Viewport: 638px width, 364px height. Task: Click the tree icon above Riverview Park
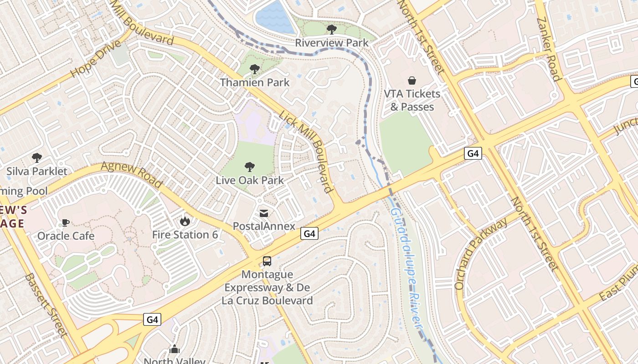coord(332,30)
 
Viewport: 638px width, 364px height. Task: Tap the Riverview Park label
coord(332,43)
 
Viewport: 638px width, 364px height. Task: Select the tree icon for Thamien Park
coord(255,69)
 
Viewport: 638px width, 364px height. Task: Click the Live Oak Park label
coord(250,180)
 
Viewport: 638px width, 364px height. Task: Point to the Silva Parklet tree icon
coord(37,158)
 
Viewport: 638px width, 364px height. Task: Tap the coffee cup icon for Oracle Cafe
coord(66,222)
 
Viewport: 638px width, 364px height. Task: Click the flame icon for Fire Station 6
coord(185,221)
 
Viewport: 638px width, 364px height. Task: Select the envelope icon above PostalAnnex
coord(264,213)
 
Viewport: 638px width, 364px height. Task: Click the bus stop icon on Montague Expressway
coord(267,261)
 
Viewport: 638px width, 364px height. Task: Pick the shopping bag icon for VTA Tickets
coord(412,81)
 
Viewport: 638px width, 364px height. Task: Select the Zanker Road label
coord(548,49)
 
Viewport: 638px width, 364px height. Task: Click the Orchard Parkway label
coord(480,253)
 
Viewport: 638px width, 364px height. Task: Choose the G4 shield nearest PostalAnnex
coord(309,233)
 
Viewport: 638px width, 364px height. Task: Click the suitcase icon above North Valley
coord(175,349)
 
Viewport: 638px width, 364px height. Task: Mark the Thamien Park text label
coord(255,82)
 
